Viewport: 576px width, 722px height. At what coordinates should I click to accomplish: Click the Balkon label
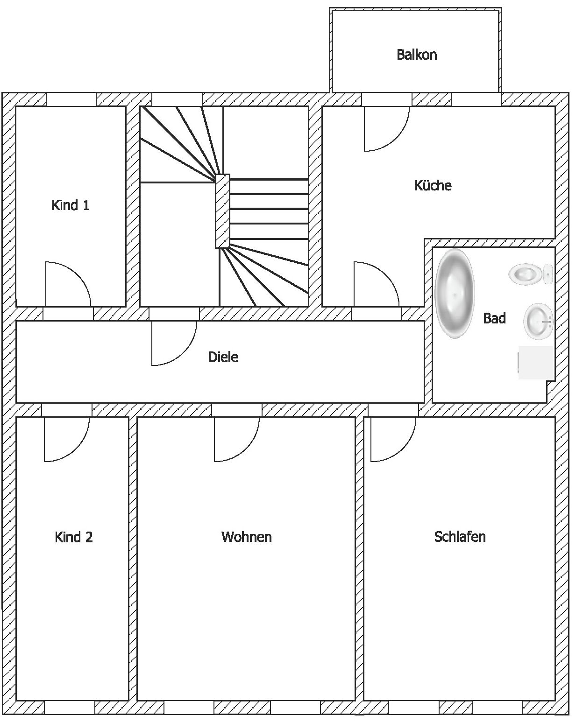416,55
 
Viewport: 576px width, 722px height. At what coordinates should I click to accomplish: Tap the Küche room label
433,185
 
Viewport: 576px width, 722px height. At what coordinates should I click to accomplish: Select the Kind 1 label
71,205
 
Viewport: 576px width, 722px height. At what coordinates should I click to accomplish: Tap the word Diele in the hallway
223,357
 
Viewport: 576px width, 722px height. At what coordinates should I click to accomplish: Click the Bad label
494,318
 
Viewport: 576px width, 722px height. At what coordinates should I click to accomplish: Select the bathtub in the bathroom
455,294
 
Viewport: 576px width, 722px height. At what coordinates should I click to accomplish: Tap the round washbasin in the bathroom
538,321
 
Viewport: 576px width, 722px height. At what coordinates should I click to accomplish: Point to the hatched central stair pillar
222,211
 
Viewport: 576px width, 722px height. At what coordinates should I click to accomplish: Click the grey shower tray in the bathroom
536,363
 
